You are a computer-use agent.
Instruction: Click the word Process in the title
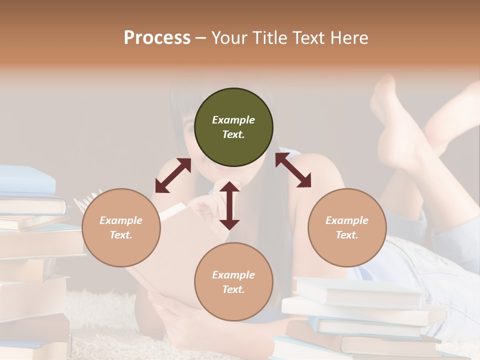157,38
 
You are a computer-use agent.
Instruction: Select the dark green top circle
233,127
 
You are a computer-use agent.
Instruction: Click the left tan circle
121,227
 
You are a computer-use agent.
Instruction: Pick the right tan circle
347,227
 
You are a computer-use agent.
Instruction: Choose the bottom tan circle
233,281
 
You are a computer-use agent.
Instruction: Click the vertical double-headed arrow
229,205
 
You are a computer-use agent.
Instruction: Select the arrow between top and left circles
173,175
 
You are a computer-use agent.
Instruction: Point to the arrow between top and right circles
293,170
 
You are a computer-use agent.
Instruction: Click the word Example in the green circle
233,120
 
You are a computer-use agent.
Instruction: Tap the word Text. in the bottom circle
233,289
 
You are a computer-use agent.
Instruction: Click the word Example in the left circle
121,220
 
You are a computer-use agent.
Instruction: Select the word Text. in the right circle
347,235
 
